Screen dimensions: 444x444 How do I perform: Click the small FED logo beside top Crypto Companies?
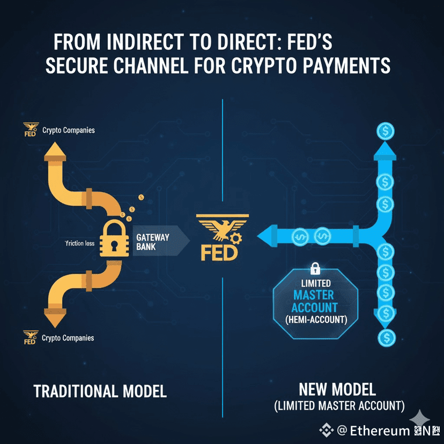tap(30, 130)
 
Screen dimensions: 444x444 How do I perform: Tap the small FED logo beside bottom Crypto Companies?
tap(30, 337)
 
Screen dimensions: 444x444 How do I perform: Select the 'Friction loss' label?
tap(79, 243)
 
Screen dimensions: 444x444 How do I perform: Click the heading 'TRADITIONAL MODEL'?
tap(100, 391)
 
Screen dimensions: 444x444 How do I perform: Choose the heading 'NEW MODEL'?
tap(337, 389)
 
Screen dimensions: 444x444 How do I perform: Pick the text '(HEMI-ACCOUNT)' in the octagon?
tap(316, 320)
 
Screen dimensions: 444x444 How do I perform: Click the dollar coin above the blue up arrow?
tap(385, 130)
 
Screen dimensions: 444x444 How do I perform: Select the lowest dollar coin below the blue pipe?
tap(385, 337)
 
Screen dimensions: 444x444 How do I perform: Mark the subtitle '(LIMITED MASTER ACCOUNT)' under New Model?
tap(339, 405)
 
